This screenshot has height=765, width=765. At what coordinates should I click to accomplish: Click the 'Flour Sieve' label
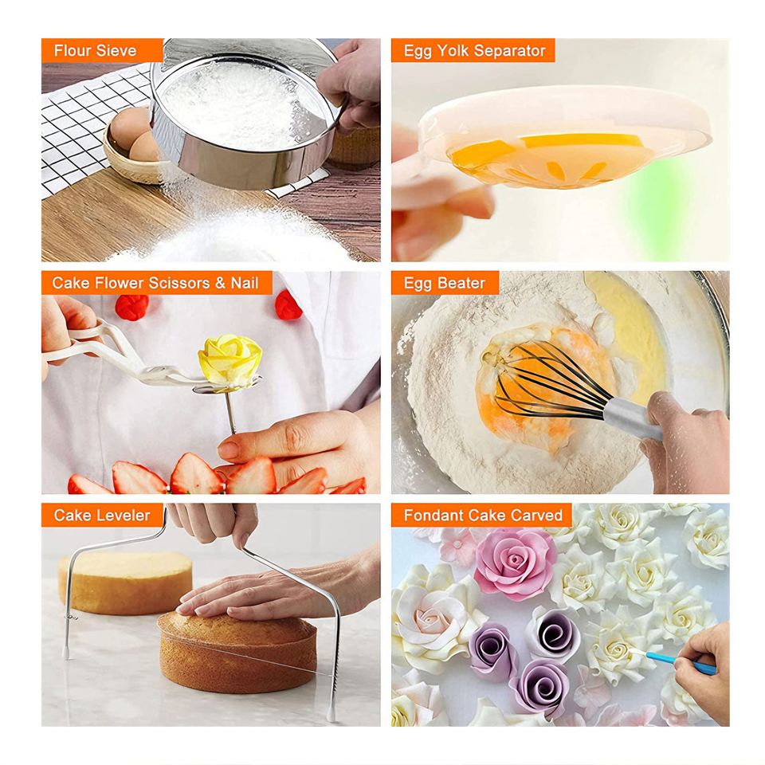click(95, 50)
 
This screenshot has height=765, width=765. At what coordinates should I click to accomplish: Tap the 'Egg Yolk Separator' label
click(474, 50)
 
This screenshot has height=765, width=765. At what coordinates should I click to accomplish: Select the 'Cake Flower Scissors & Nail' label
click(155, 282)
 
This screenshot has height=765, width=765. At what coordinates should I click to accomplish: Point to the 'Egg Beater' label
click(445, 282)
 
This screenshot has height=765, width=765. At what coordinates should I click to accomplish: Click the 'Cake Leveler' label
click(102, 515)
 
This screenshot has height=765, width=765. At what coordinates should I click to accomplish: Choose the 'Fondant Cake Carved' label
click(483, 515)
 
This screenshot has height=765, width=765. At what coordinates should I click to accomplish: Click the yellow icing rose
click(229, 360)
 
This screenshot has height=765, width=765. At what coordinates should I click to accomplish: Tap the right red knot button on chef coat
click(288, 305)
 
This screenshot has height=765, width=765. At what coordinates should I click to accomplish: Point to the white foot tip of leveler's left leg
click(66, 652)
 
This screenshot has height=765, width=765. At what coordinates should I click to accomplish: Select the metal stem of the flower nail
click(230, 413)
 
